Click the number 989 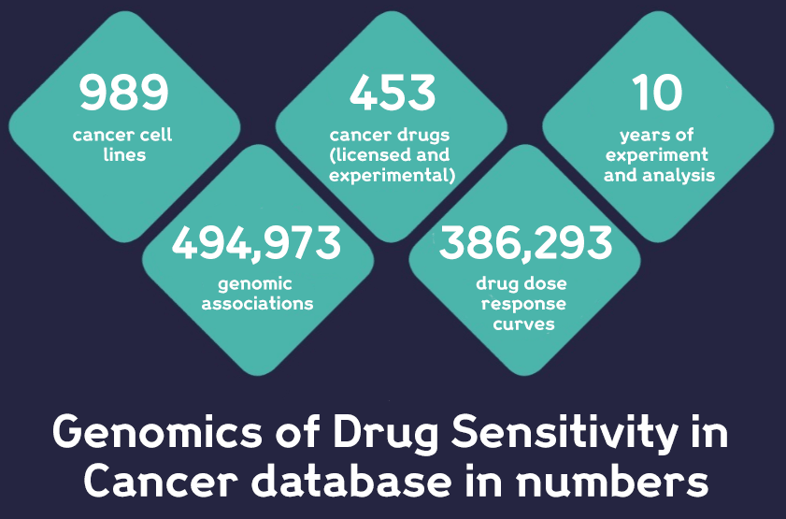tap(122, 93)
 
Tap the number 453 tap(392, 93)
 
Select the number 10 tap(657, 93)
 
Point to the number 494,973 tap(257, 243)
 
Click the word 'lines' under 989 tap(123, 154)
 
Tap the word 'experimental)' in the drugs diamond tap(392, 175)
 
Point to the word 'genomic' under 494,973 tap(255, 283)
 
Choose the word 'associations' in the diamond tap(257, 303)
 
